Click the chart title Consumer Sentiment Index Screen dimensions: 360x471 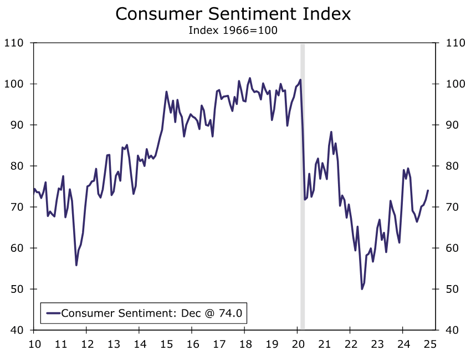233,14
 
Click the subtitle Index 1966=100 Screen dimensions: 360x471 233,30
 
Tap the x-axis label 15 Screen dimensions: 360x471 166,344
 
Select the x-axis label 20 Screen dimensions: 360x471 298,344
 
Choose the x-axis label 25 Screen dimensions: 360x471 430,344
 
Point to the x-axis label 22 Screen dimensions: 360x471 351,344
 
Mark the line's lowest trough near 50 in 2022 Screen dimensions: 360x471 362,289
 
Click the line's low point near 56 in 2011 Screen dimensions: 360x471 76,265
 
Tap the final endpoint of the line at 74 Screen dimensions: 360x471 428,190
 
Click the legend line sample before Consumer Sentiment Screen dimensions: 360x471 53,313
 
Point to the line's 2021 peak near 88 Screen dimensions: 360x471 331,132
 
